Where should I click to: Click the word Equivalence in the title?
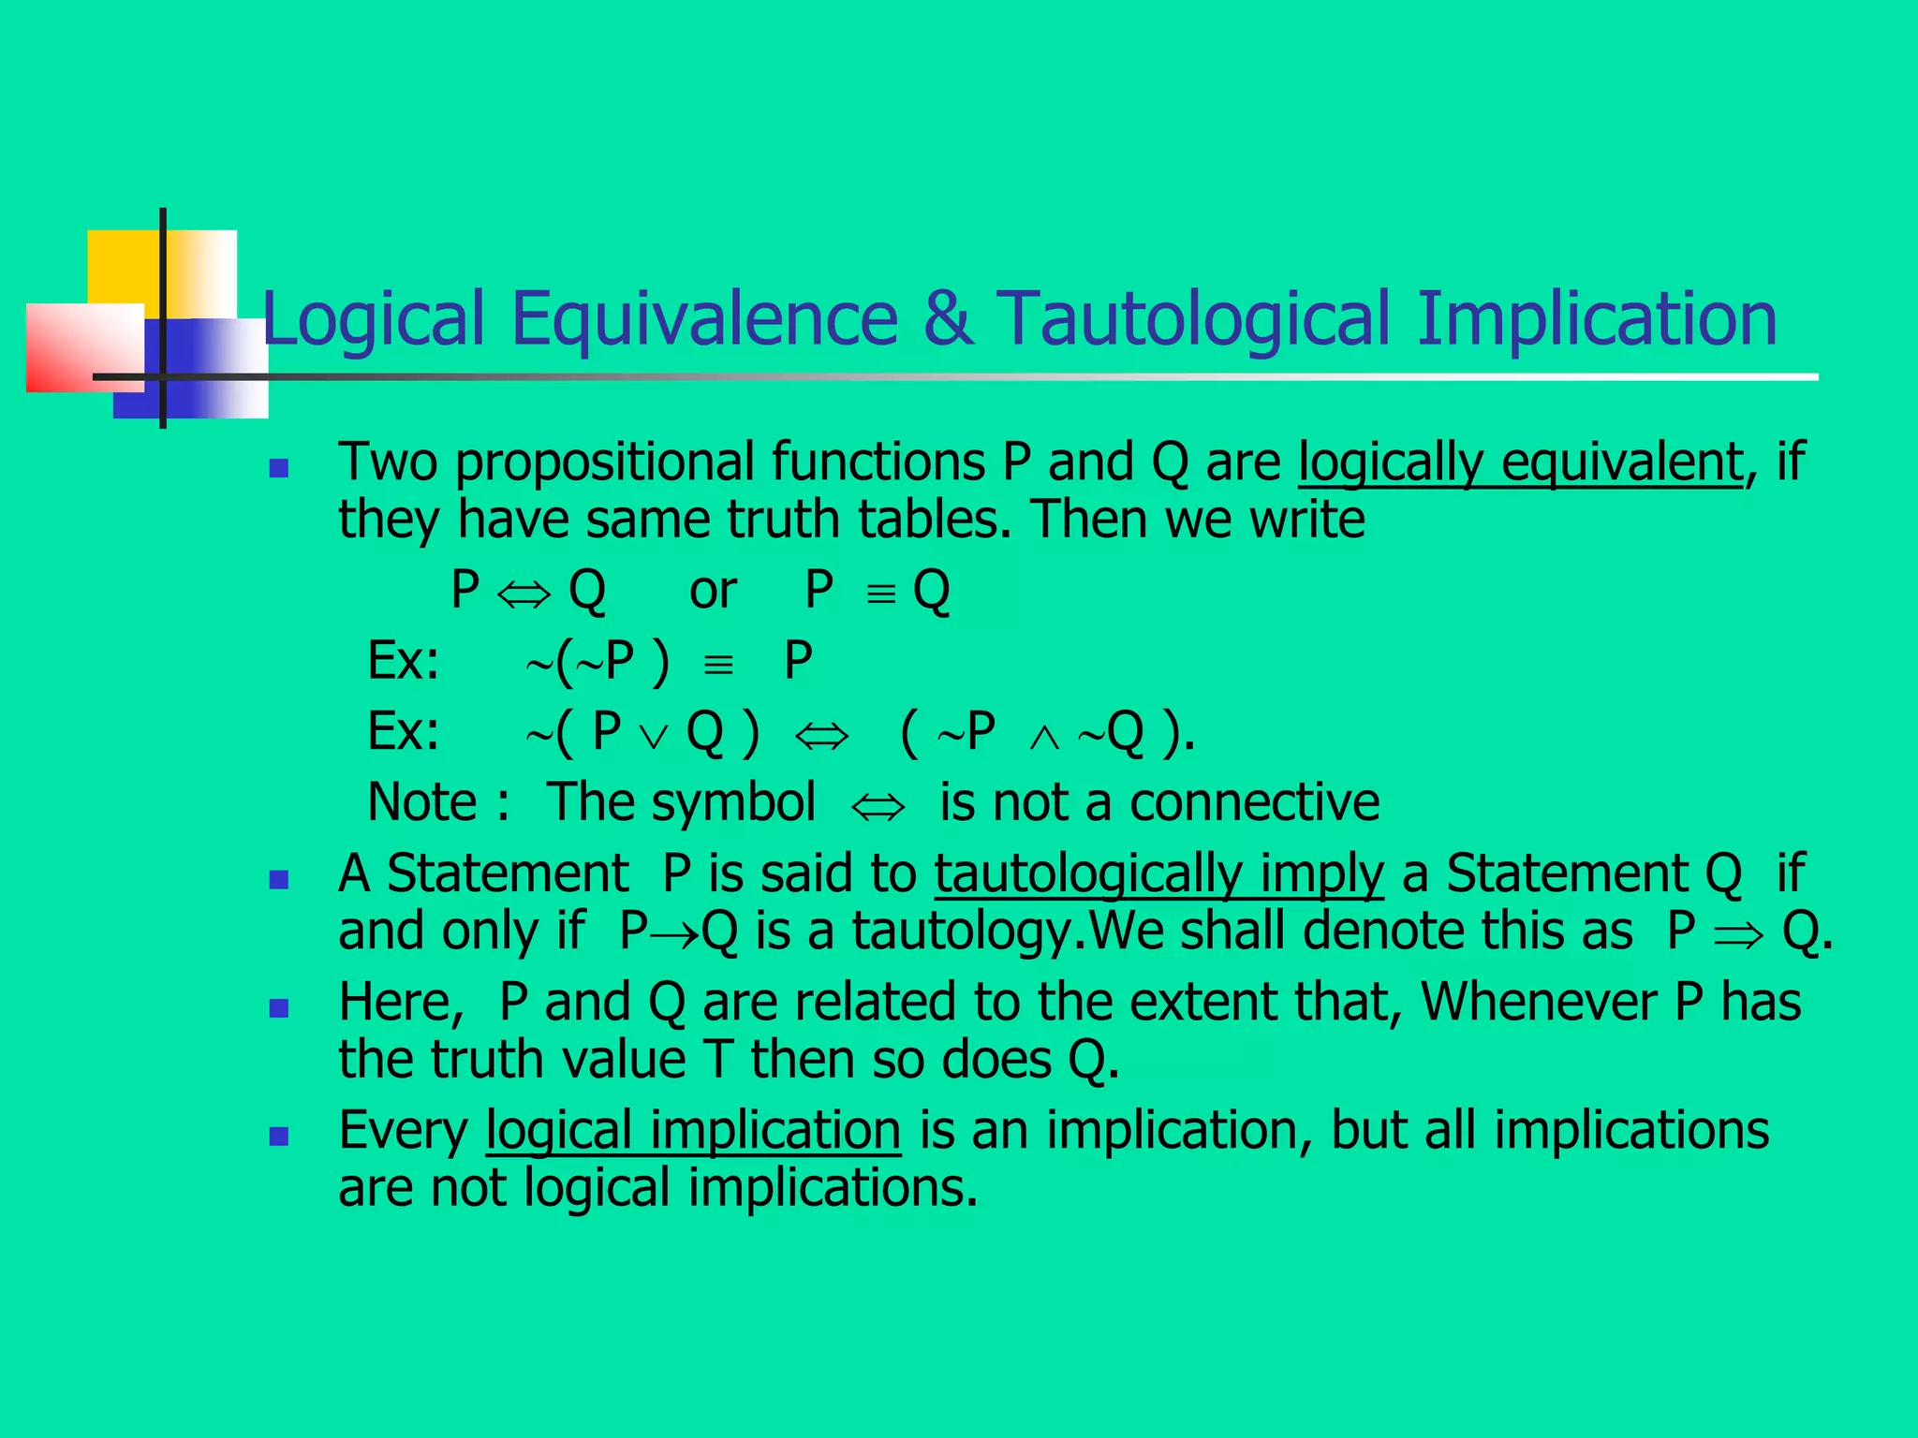click(704, 319)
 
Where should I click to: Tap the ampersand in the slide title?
click(948, 319)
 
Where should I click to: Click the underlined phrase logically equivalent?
click(1520, 462)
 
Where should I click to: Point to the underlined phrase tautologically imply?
click(1158, 874)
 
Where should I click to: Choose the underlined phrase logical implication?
click(693, 1131)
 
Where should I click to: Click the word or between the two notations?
click(713, 592)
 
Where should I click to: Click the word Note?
click(422, 802)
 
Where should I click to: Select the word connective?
click(1254, 802)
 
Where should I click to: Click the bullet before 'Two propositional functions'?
click(278, 468)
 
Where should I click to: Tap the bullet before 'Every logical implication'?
click(278, 1137)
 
